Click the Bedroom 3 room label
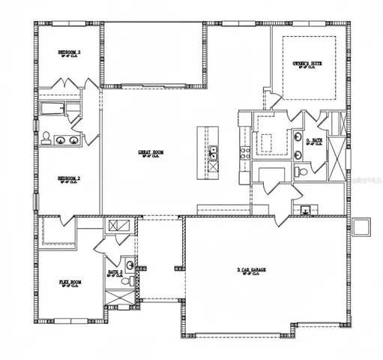(69, 52)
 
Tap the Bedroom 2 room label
(69, 178)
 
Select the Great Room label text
(151, 153)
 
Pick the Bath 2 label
(115, 273)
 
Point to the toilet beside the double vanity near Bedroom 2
(46, 138)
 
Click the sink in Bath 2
(130, 265)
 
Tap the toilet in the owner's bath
(301, 172)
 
